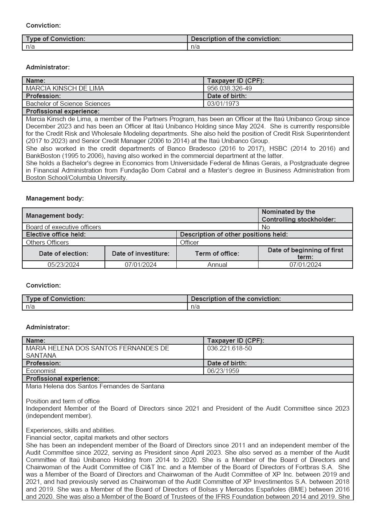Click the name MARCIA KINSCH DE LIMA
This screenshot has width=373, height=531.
(65, 88)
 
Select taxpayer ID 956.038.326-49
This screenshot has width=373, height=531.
(229, 88)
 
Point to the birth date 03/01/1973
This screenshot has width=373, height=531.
(223, 104)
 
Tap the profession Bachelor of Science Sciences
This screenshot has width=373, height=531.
(68, 104)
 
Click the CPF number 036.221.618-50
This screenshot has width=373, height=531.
(229, 348)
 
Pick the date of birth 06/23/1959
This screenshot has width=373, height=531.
(223, 371)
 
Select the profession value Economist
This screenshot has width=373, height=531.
(41, 371)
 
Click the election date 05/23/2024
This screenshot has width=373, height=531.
(63, 265)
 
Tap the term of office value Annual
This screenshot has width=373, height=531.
(217, 265)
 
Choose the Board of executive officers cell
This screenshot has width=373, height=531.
(63, 227)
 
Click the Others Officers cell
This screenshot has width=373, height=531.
(47, 242)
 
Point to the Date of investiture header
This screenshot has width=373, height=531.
(141, 253)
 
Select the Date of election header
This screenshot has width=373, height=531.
(63, 253)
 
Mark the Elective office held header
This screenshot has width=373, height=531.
(56, 234)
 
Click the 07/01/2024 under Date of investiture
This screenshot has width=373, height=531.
(141, 265)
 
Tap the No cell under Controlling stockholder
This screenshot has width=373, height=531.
(265, 227)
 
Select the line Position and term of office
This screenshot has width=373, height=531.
(63, 401)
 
